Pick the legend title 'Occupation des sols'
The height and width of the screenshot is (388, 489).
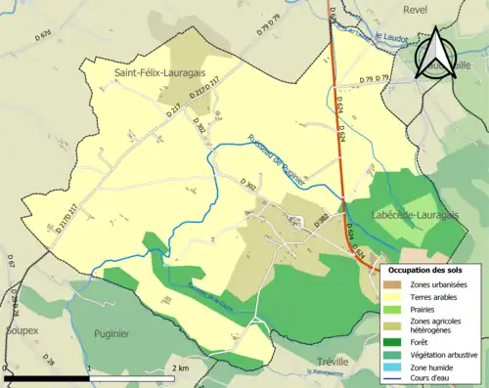pos(431,269)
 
